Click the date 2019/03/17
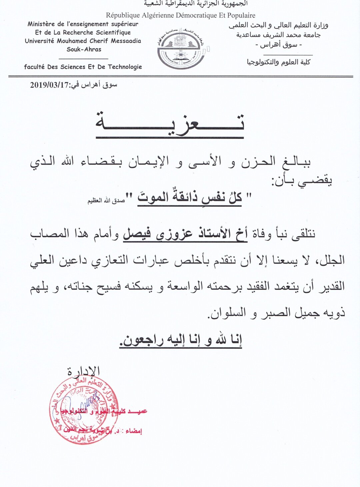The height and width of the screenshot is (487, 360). (49, 85)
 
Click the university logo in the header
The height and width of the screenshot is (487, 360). (182, 48)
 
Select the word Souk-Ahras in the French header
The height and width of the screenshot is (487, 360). (84, 49)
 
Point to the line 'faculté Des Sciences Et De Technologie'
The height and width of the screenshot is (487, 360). (83, 67)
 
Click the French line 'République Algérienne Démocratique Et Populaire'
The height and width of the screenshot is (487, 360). (180, 15)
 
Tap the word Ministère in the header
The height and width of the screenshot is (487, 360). (41, 24)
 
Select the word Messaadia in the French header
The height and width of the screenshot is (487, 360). (125, 41)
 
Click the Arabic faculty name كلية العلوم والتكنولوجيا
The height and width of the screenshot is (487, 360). (278, 62)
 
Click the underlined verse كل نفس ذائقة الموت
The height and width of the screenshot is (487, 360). (190, 197)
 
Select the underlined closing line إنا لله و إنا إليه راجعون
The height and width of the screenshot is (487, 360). (181, 340)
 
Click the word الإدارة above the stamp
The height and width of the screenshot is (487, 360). (83, 370)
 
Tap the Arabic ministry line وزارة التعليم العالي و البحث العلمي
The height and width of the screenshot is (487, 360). (278, 25)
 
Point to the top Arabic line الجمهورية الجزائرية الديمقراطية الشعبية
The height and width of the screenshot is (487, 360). (196, 4)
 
